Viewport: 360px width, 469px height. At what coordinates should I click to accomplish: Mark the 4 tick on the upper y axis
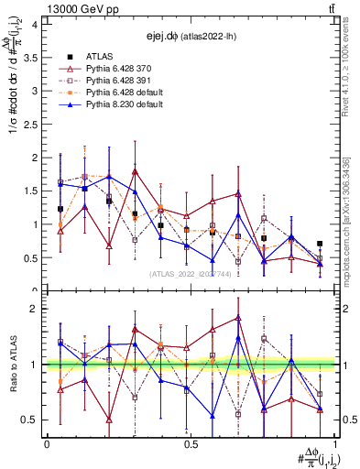(x=33, y=25)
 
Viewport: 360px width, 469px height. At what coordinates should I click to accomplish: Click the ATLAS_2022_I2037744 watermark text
(x=189, y=274)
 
